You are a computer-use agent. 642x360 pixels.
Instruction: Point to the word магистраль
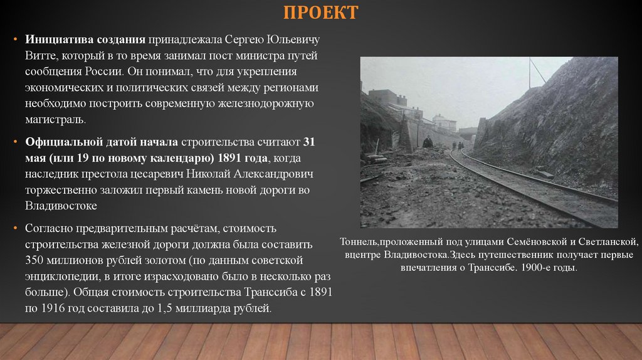(55, 119)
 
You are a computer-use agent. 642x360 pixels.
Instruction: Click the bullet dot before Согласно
(17, 228)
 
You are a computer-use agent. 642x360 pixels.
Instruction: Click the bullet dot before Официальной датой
(17, 141)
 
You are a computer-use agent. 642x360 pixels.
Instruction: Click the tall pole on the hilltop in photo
(529, 72)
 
